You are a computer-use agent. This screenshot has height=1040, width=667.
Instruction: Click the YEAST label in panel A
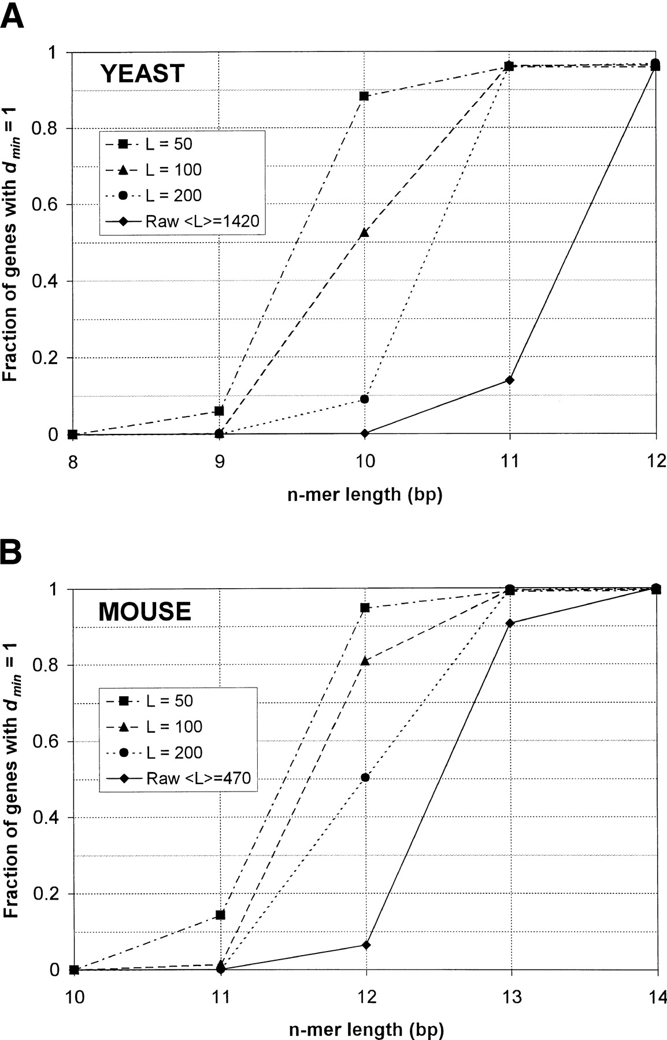coord(142,74)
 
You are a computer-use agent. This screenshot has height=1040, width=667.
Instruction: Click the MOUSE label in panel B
coord(144,612)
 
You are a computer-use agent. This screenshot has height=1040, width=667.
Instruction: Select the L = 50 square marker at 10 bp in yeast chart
coord(364,96)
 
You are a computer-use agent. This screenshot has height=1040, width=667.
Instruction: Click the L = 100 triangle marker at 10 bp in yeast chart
coord(364,233)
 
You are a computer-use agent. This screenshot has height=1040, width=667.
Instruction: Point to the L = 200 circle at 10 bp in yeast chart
coord(364,399)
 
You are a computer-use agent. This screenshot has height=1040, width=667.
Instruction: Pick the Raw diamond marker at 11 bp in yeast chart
coord(509,380)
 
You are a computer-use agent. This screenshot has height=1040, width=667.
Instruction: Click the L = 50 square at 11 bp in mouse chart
coord(220,915)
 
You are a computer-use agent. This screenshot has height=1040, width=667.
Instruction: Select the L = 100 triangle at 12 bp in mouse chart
coord(365,660)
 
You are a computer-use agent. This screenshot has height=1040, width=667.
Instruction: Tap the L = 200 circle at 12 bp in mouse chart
coord(365,778)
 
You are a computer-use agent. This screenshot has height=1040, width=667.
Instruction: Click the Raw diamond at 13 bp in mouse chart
coord(510,623)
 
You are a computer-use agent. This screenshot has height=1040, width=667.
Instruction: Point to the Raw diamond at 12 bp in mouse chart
coord(365,945)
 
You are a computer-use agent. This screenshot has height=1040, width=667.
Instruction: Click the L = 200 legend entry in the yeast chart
coord(173,195)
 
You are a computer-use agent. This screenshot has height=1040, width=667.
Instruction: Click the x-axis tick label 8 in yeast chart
coord(72,463)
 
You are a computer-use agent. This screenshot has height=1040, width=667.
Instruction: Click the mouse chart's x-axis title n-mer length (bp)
coord(365,1029)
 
